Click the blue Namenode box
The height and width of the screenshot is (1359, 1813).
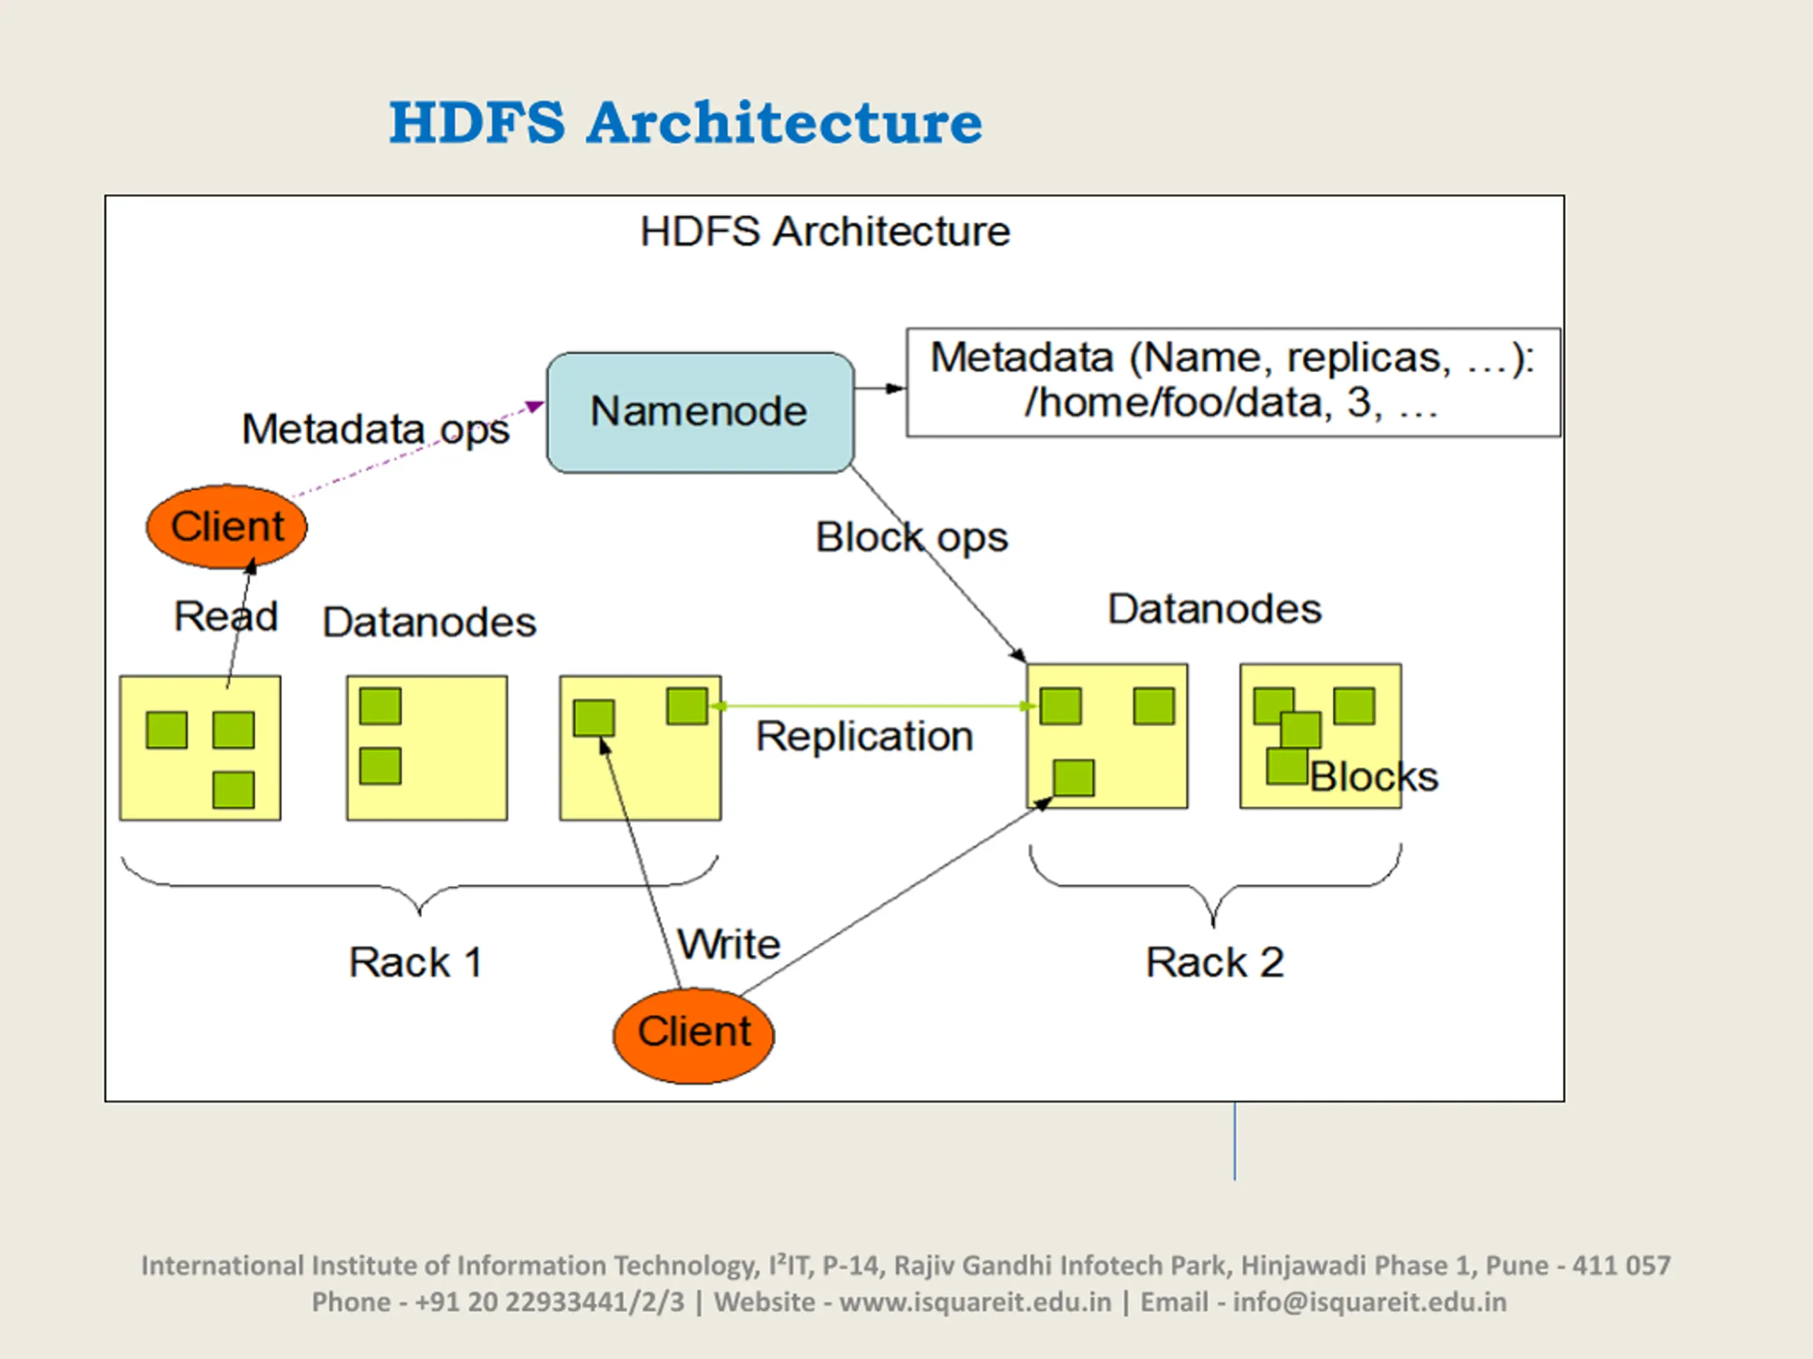point(700,412)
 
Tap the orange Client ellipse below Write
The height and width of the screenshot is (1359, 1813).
point(693,1036)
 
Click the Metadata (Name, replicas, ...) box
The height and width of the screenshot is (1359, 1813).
point(1233,382)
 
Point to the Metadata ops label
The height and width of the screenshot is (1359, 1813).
point(375,429)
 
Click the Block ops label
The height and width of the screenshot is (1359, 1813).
point(911,538)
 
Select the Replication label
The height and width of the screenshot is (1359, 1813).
point(864,735)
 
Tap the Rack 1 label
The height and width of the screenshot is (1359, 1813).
point(416,962)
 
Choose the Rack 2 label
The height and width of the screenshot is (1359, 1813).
point(1215,962)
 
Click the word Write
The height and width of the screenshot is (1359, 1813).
point(729,944)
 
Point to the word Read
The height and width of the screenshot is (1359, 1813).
point(226,616)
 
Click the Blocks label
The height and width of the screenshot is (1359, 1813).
point(1374,776)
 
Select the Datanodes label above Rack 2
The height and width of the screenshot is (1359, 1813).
point(1215,609)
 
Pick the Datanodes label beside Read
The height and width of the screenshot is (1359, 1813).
point(429,621)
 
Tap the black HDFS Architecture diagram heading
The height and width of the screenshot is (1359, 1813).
point(824,231)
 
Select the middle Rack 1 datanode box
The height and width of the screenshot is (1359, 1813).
point(427,748)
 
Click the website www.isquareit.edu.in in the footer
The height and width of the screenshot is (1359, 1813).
point(975,1302)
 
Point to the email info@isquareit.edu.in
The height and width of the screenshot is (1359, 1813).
point(1370,1302)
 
